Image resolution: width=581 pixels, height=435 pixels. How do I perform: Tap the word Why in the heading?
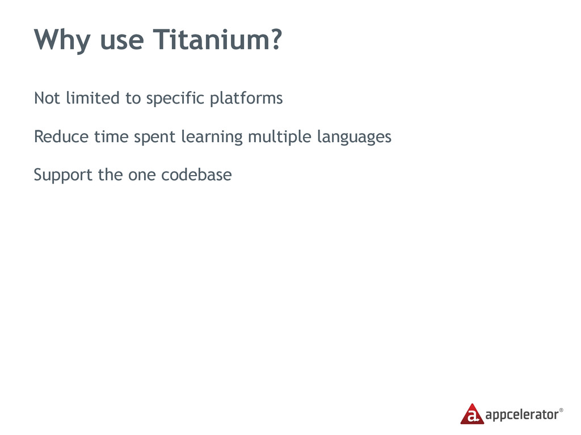tap(62, 41)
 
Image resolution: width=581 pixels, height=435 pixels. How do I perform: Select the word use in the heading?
tap(122, 42)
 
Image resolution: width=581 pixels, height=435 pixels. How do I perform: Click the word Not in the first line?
tap(47, 98)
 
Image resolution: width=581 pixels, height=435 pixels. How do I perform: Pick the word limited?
tap(93, 98)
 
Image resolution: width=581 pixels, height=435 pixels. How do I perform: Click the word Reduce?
tap(61, 137)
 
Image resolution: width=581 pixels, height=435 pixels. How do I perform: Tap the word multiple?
tap(280, 138)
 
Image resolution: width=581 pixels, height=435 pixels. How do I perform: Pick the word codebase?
tap(196, 174)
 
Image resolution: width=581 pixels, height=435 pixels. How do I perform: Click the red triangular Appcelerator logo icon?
tap(472, 415)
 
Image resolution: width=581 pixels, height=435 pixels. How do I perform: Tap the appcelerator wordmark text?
tap(522, 415)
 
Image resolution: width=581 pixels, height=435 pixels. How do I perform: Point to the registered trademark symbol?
tap(561, 410)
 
